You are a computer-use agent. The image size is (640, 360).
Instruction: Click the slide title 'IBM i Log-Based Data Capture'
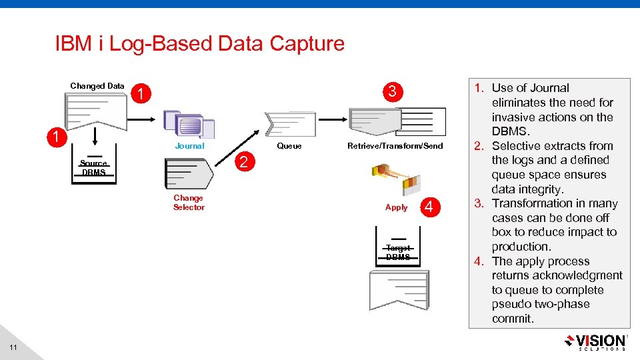tap(199, 44)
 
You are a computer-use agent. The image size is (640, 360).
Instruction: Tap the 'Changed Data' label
tap(97, 86)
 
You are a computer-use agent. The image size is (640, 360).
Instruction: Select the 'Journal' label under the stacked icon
tap(189, 146)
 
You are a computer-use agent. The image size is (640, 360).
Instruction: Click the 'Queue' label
tap(289, 146)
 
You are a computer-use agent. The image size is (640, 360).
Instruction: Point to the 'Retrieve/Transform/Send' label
tap(395, 146)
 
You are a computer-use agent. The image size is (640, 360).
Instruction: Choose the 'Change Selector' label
tap(189, 203)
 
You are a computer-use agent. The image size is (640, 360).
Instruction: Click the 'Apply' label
tap(396, 207)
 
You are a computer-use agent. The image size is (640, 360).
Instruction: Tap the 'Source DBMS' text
tap(93, 168)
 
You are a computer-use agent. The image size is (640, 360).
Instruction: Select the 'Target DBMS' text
tap(398, 253)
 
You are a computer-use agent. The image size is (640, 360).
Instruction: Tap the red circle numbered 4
tap(429, 207)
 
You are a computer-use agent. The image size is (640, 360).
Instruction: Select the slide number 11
tap(13, 348)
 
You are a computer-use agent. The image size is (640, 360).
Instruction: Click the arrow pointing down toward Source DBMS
tap(95, 135)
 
